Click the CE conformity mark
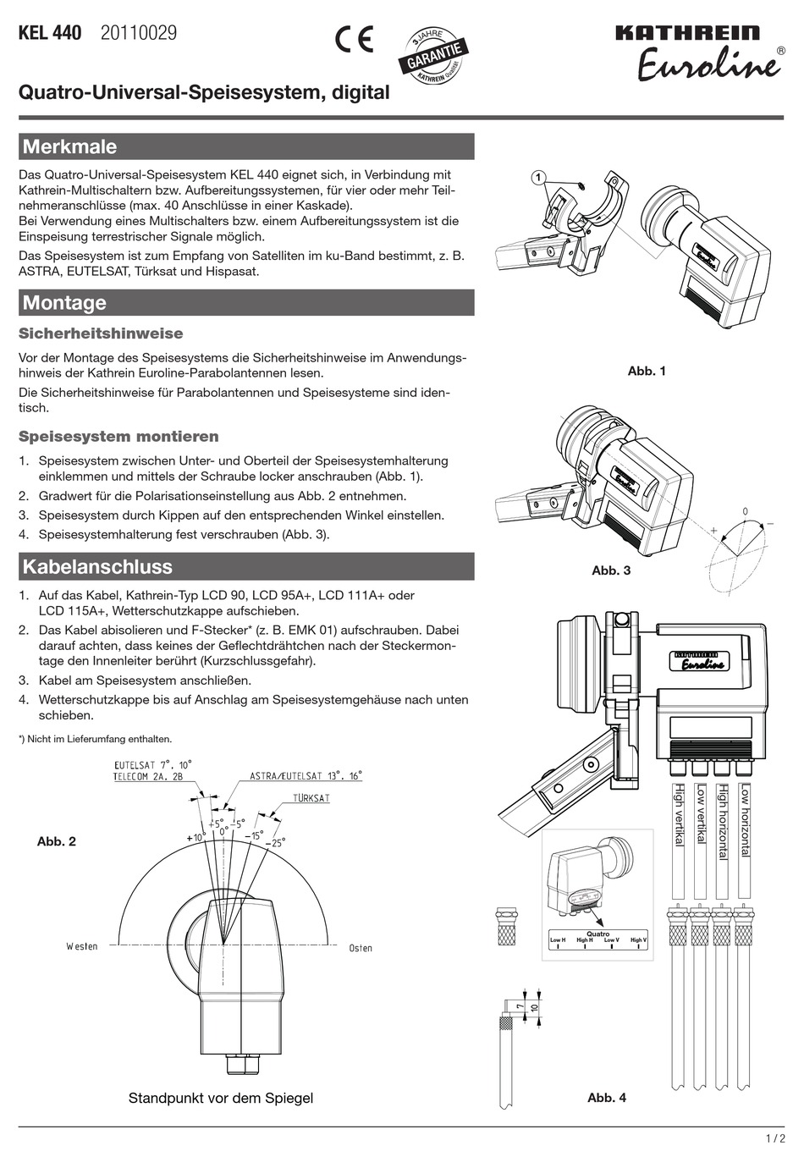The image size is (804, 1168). click(x=354, y=40)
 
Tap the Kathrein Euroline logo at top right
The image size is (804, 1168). click(x=698, y=52)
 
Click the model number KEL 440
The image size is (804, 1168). click(x=50, y=34)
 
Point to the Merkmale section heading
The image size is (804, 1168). click(x=69, y=146)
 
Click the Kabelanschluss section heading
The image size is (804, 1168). click(x=97, y=567)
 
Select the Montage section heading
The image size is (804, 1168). click(x=64, y=303)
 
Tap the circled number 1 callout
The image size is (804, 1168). click(x=537, y=177)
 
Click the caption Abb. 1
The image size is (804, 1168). click(x=647, y=371)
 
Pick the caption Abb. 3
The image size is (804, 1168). click(x=611, y=570)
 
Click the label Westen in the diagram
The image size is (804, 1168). click(x=82, y=946)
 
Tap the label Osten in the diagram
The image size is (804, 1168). click(x=361, y=948)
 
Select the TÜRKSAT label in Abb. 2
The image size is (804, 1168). click(x=311, y=798)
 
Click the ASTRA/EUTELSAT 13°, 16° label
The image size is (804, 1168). click(x=306, y=775)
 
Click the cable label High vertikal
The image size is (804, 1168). click(x=679, y=814)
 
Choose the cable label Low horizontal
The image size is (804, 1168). click(x=745, y=819)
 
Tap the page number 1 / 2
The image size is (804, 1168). click(x=775, y=1139)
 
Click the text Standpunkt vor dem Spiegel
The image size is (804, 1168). click(x=221, y=1098)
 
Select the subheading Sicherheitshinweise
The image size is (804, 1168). click(x=101, y=333)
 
